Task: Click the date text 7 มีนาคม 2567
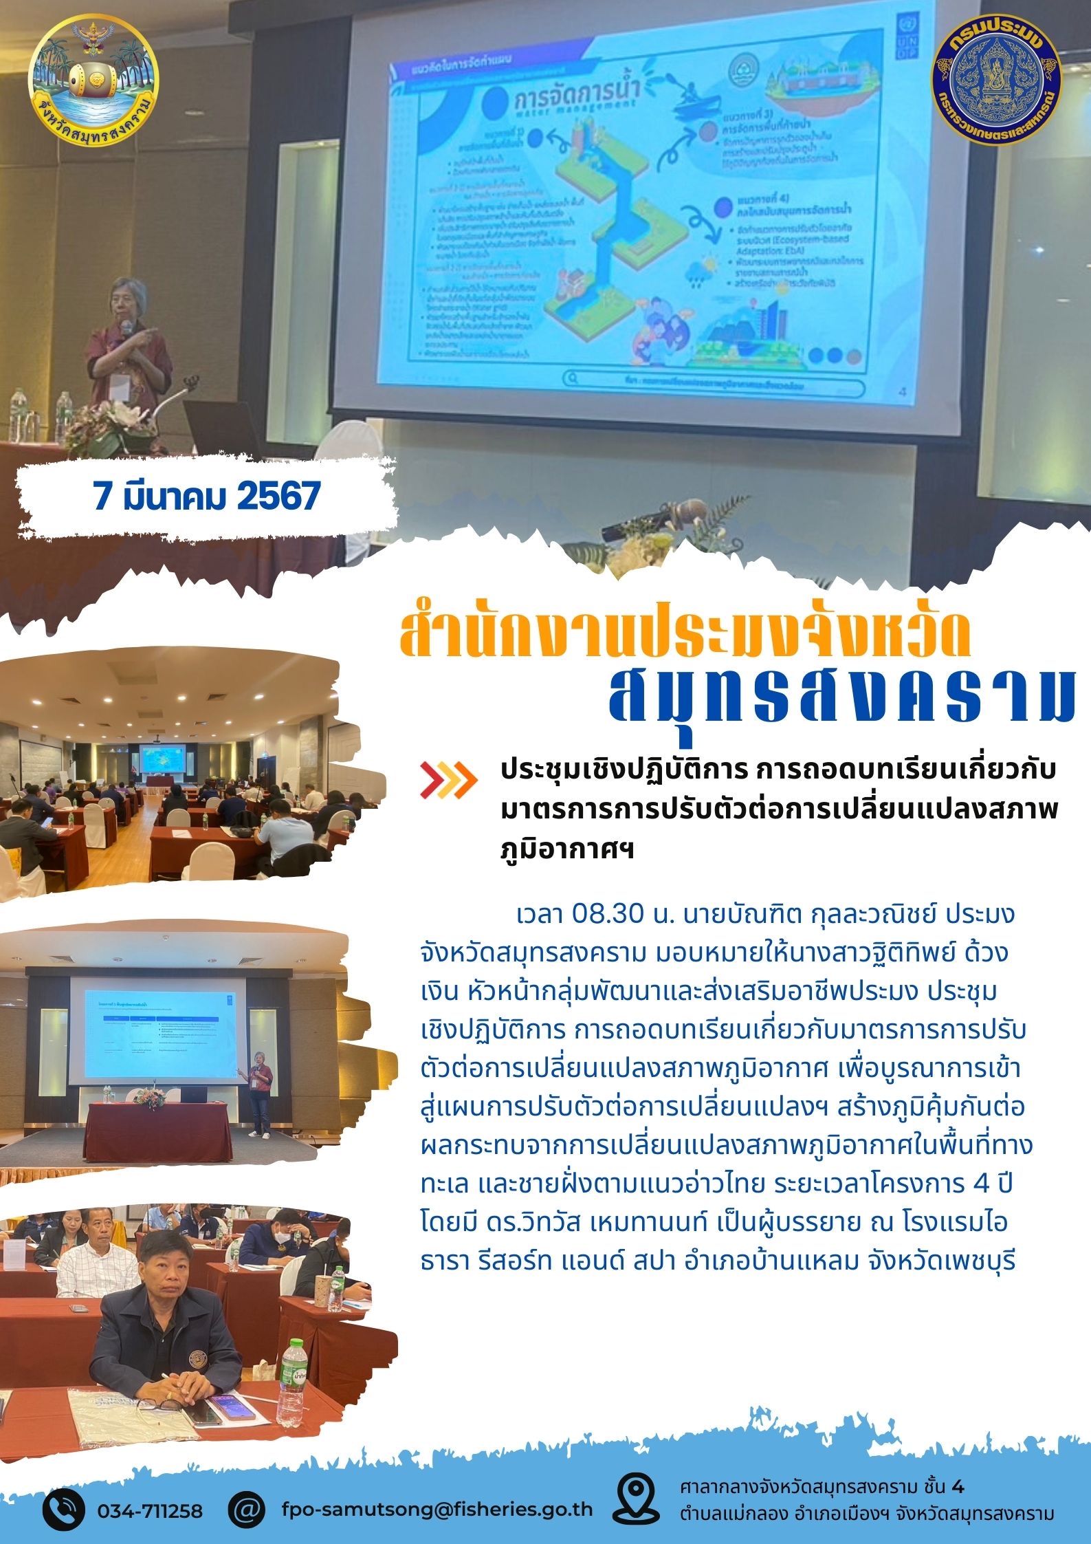coord(207,496)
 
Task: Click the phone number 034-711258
coord(150,1511)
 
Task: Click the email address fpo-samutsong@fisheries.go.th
coord(437,1510)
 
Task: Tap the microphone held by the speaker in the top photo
coord(127,329)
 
